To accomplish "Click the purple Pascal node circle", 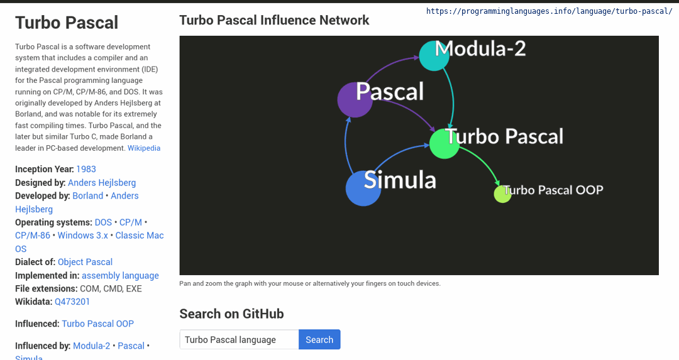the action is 355,99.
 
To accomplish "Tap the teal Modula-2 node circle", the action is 434,56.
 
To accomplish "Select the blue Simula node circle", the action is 363,188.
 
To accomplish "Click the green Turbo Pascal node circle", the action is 444,144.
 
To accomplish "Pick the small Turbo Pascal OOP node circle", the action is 503,194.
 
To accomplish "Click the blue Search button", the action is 319,340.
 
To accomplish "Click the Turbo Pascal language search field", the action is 239,340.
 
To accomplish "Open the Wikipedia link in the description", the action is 144,148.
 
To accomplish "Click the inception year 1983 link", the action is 86,169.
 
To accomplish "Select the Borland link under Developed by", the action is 88,195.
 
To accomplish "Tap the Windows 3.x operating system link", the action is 83,236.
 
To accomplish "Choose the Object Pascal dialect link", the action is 85,262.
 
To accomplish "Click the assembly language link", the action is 120,276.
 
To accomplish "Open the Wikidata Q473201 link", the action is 72,302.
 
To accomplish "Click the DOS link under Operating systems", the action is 104,222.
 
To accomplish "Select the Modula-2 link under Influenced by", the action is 91,346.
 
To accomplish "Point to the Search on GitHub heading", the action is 231,314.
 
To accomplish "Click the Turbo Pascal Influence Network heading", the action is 274,20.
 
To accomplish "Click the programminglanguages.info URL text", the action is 549,11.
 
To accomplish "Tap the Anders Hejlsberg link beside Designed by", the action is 102,183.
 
